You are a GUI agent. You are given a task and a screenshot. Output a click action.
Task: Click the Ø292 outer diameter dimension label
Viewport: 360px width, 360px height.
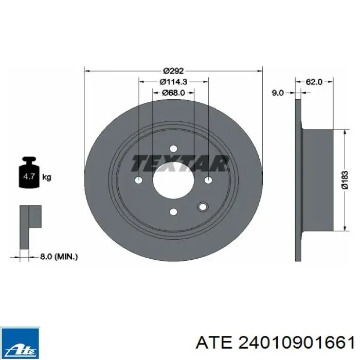pos(173,71)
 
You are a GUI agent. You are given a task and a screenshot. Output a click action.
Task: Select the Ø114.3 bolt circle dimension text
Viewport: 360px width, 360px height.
pos(173,82)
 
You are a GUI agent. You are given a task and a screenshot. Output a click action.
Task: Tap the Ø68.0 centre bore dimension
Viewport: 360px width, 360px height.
pos(173,93)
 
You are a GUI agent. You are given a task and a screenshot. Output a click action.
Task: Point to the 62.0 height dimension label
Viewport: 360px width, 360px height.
pos(314,82)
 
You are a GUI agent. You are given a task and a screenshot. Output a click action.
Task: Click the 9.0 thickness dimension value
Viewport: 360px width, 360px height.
pos(278,93)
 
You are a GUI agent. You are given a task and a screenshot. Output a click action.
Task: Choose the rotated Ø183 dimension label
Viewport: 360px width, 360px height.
pos(345,180)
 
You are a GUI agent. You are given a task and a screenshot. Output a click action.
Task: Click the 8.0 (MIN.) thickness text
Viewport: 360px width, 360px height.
pos(59,257)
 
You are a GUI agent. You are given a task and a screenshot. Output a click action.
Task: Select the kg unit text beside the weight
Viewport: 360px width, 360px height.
pos(47,177)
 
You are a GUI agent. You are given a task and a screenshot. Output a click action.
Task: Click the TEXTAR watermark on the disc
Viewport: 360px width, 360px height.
pos(180,163)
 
